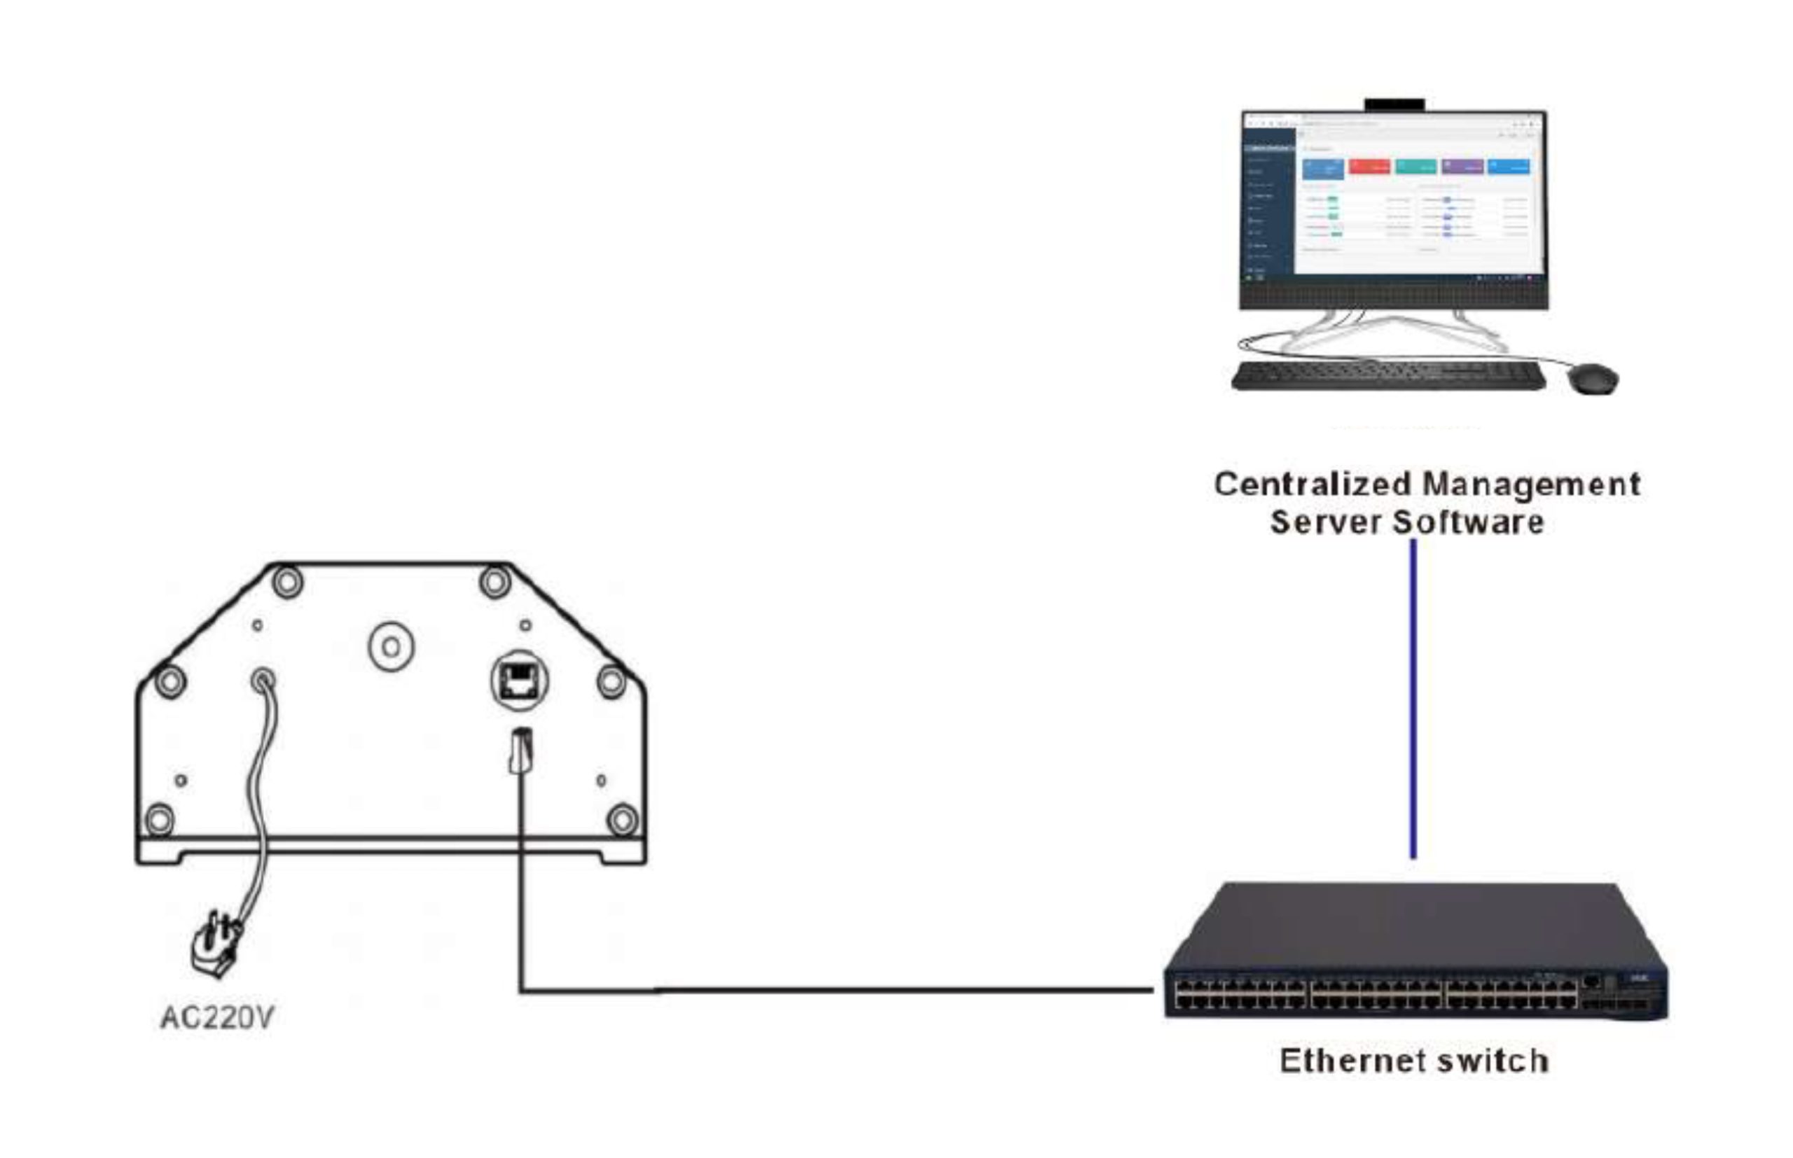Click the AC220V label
click(217, 1017)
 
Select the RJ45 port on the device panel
click(519, 681)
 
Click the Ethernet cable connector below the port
click(521, 751)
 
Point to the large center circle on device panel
click(391, 646)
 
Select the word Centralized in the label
click(1313, 484)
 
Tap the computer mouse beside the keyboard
click(1593, 377)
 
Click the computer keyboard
click(1388, 376)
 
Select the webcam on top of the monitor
click(1394, 104)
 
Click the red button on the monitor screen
click(1369, 166)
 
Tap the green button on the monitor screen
click(1415, 166)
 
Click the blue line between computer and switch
click(1413, 699)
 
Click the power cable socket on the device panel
click(263, 681)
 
